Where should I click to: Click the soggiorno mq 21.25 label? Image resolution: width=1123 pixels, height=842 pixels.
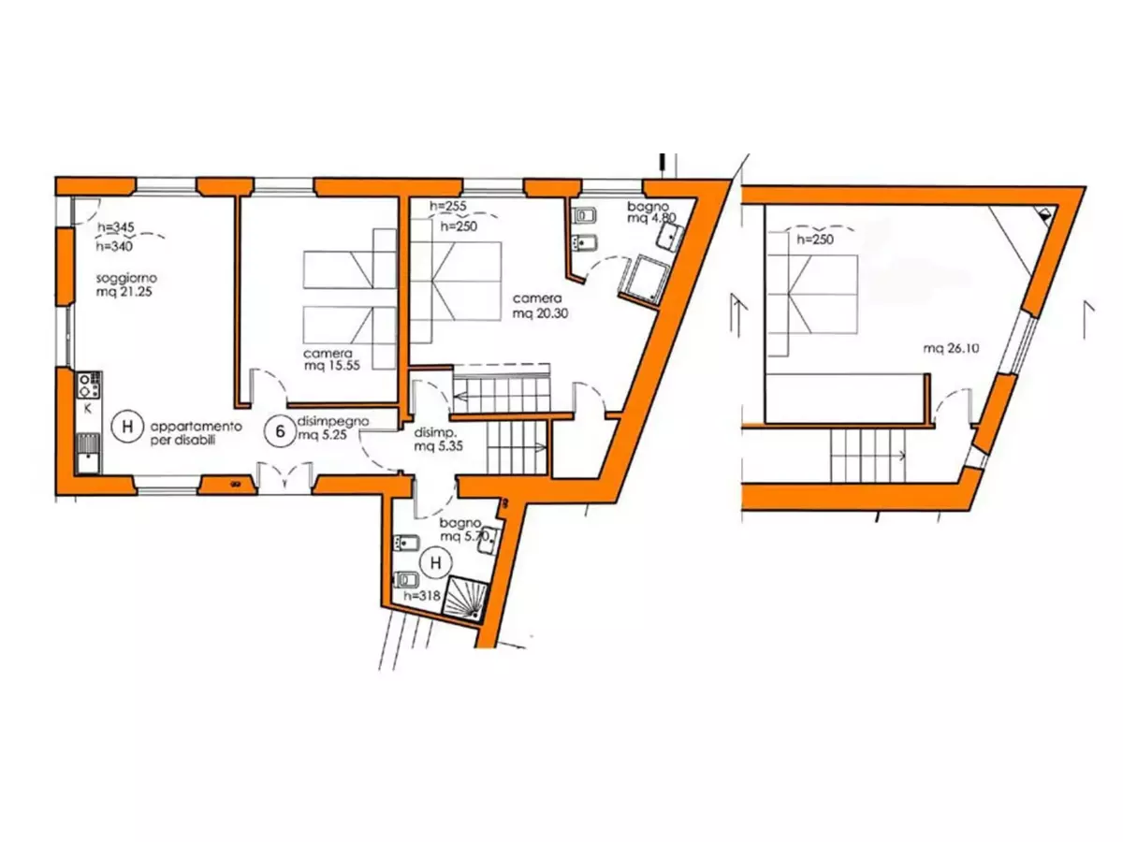pos(126,284)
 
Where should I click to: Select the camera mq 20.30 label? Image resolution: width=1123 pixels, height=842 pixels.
pos(540,306)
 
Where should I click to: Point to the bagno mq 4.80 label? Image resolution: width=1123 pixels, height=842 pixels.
pos(651,211)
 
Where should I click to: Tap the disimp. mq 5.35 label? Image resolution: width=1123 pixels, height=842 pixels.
pos(438,439)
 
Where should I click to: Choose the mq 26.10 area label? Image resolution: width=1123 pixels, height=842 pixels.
pos(951,349)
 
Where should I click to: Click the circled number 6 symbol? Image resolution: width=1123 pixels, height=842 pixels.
pos(279,431)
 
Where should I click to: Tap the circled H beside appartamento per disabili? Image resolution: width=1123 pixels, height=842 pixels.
pos(127,426)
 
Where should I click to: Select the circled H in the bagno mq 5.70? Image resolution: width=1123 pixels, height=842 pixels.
pos(435,563)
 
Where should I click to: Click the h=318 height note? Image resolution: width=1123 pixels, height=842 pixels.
pos(421,595)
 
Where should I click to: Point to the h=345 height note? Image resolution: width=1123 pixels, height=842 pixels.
pos(116,226)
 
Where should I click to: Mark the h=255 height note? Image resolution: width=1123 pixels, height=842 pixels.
pos(447,206)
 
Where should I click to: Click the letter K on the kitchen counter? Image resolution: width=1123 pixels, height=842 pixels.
pos(87,409)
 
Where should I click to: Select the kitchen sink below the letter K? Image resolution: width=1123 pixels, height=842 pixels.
pos(89,453)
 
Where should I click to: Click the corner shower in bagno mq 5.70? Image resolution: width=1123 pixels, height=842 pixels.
pos(464,598)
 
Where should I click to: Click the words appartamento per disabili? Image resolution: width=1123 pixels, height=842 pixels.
pos(196,433)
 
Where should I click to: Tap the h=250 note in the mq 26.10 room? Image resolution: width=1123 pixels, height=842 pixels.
pos(815,240)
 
